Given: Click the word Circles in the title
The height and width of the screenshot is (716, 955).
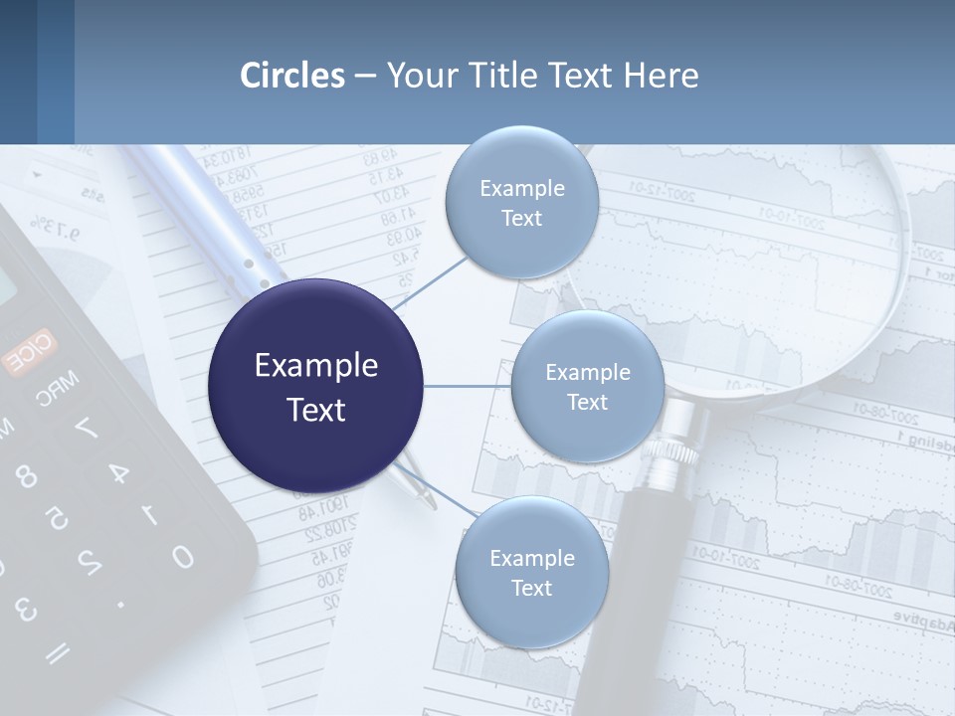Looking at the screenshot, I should coord(292,76).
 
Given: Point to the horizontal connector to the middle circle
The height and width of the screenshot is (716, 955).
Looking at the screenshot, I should coord(468,386).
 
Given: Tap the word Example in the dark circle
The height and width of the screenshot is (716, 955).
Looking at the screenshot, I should coord(316,366).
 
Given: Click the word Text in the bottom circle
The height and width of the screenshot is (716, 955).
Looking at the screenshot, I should coord(531,588).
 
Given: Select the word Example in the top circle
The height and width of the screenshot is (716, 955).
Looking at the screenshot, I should coord(521,188).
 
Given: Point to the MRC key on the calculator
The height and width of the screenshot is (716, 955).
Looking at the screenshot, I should coord(57,389).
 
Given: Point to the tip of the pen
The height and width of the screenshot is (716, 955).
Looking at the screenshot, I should coord(431,505).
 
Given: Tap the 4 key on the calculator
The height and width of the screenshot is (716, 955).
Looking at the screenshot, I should coord(118,474).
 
